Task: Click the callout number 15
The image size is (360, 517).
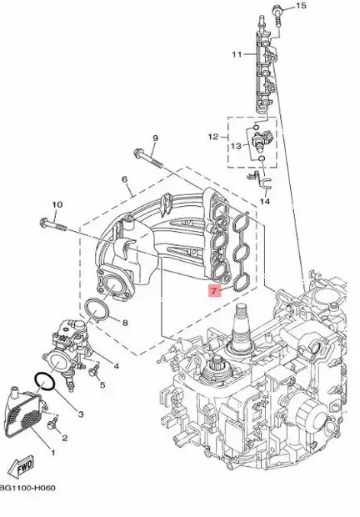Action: pos(302,6)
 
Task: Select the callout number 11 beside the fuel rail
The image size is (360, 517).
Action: pos(237,54)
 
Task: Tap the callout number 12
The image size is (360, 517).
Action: pos(213,136)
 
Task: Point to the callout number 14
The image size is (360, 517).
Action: pos(266,201)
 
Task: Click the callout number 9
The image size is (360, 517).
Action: pos(155,137)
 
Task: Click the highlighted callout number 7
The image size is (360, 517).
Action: pos(213,292)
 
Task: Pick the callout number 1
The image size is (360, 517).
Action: pos(54,453)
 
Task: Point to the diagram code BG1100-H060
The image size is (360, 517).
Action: pos(27,509)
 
